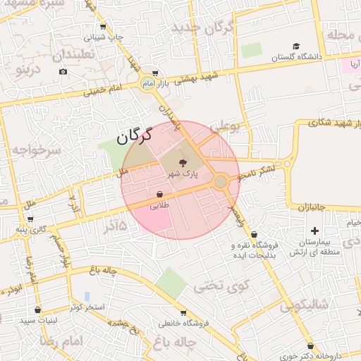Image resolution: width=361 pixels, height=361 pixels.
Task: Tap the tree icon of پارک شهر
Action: point(174,161)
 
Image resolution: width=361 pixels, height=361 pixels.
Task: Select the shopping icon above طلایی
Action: point(159,194)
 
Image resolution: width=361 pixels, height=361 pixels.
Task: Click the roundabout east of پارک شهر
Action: point(221,182)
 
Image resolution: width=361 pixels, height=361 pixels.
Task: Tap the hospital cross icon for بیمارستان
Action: point(314,231)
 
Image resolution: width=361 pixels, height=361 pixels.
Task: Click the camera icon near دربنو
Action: point(63,71)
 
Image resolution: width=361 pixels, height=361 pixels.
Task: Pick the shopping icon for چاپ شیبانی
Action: point(103,27)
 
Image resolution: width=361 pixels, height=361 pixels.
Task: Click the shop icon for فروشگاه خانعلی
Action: point(183,312)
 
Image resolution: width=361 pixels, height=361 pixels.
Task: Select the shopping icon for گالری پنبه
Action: point(20,230)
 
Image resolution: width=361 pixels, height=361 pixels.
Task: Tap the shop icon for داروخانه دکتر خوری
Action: point(311,345)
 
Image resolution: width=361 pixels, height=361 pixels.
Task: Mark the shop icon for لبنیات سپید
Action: point(37,310)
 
